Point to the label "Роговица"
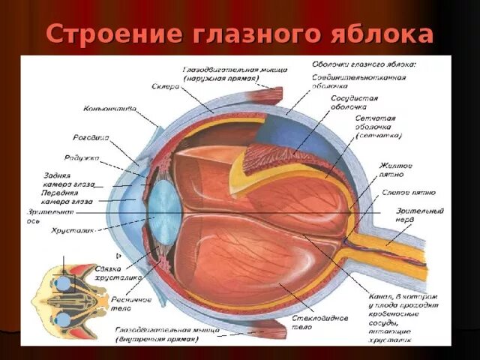91,137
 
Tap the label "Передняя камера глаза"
67,197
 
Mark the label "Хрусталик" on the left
71,230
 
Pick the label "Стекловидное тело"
319,322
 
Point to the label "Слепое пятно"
405,193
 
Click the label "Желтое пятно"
395,169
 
